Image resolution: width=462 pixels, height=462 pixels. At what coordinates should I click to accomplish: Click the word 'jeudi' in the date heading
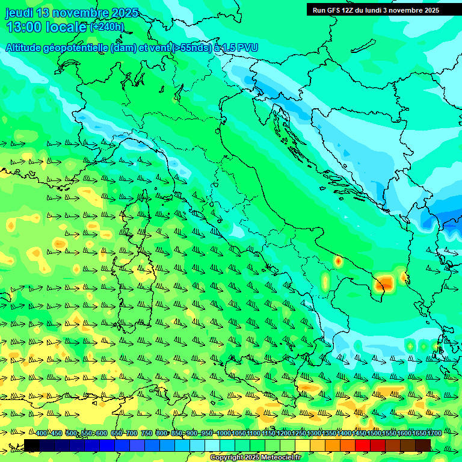point(20,13)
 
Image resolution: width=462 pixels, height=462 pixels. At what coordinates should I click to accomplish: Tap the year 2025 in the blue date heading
point(124,13)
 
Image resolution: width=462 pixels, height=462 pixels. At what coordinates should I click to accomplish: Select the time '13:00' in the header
point(24,27)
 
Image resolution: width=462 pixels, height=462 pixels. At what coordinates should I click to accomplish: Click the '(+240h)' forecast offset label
point(107,27)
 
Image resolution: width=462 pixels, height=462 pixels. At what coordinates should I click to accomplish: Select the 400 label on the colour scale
point(42,434)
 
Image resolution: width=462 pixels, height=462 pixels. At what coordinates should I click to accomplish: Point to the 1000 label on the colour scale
point(224,434)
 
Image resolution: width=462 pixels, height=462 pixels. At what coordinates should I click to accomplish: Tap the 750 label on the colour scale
point(147,434)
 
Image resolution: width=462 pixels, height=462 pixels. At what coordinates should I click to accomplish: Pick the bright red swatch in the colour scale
point(363,445)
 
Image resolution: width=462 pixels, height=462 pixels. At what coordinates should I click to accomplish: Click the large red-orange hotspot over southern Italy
point(384,283)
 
